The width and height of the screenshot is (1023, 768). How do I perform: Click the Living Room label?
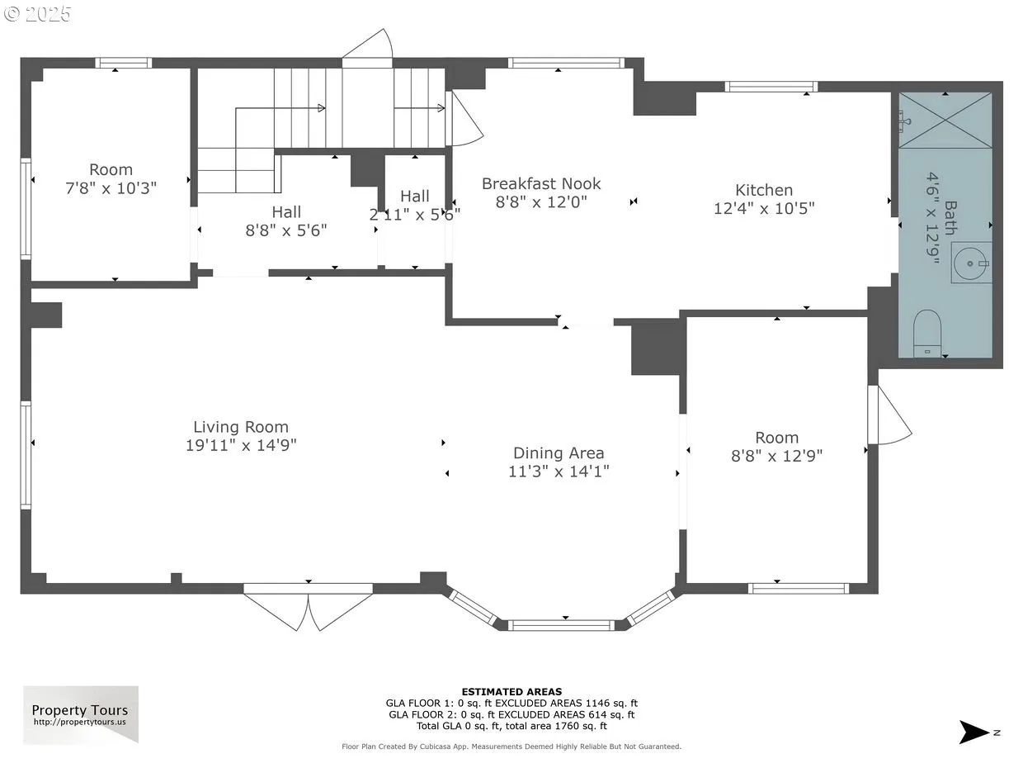pyautogui.click(x=241, y=427)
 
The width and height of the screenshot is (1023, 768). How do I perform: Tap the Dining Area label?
pyautogui.click(x=559, y=453)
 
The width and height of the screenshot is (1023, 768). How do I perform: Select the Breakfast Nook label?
pyautogui.click(x=541, y=183)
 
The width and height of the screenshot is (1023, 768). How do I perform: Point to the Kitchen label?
pyautogui.click(x=764, y=190)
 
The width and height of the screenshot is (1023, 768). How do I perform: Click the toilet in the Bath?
pyautogui.click(x=927, y=334)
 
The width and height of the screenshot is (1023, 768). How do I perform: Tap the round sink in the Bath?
pyautogui.click(x=971, y=263)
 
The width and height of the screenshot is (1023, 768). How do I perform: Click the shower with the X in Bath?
pyautogui.click(x=945, y=121)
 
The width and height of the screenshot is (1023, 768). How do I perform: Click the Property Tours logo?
pyautogui.click(x=81, y=714)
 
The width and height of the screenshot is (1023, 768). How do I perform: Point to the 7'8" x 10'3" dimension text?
pyautogui.click(x=111, y=188)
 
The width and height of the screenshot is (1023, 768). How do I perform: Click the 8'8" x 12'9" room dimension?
pyautogui.click(x=776, y=456)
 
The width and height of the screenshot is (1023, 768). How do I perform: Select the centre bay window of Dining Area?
pyautogui.click(x=561, y=625)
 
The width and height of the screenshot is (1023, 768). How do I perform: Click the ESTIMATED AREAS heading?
pyautogui.click(x=511, y=691)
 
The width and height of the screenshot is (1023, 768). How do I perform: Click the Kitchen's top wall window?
pyautogui.click(x=771, y=87)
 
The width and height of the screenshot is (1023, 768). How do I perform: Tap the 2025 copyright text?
pyautogui.click(x=37, y=14)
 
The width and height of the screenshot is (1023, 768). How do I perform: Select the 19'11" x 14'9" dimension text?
pyautogui.click(x=241, y=445)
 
